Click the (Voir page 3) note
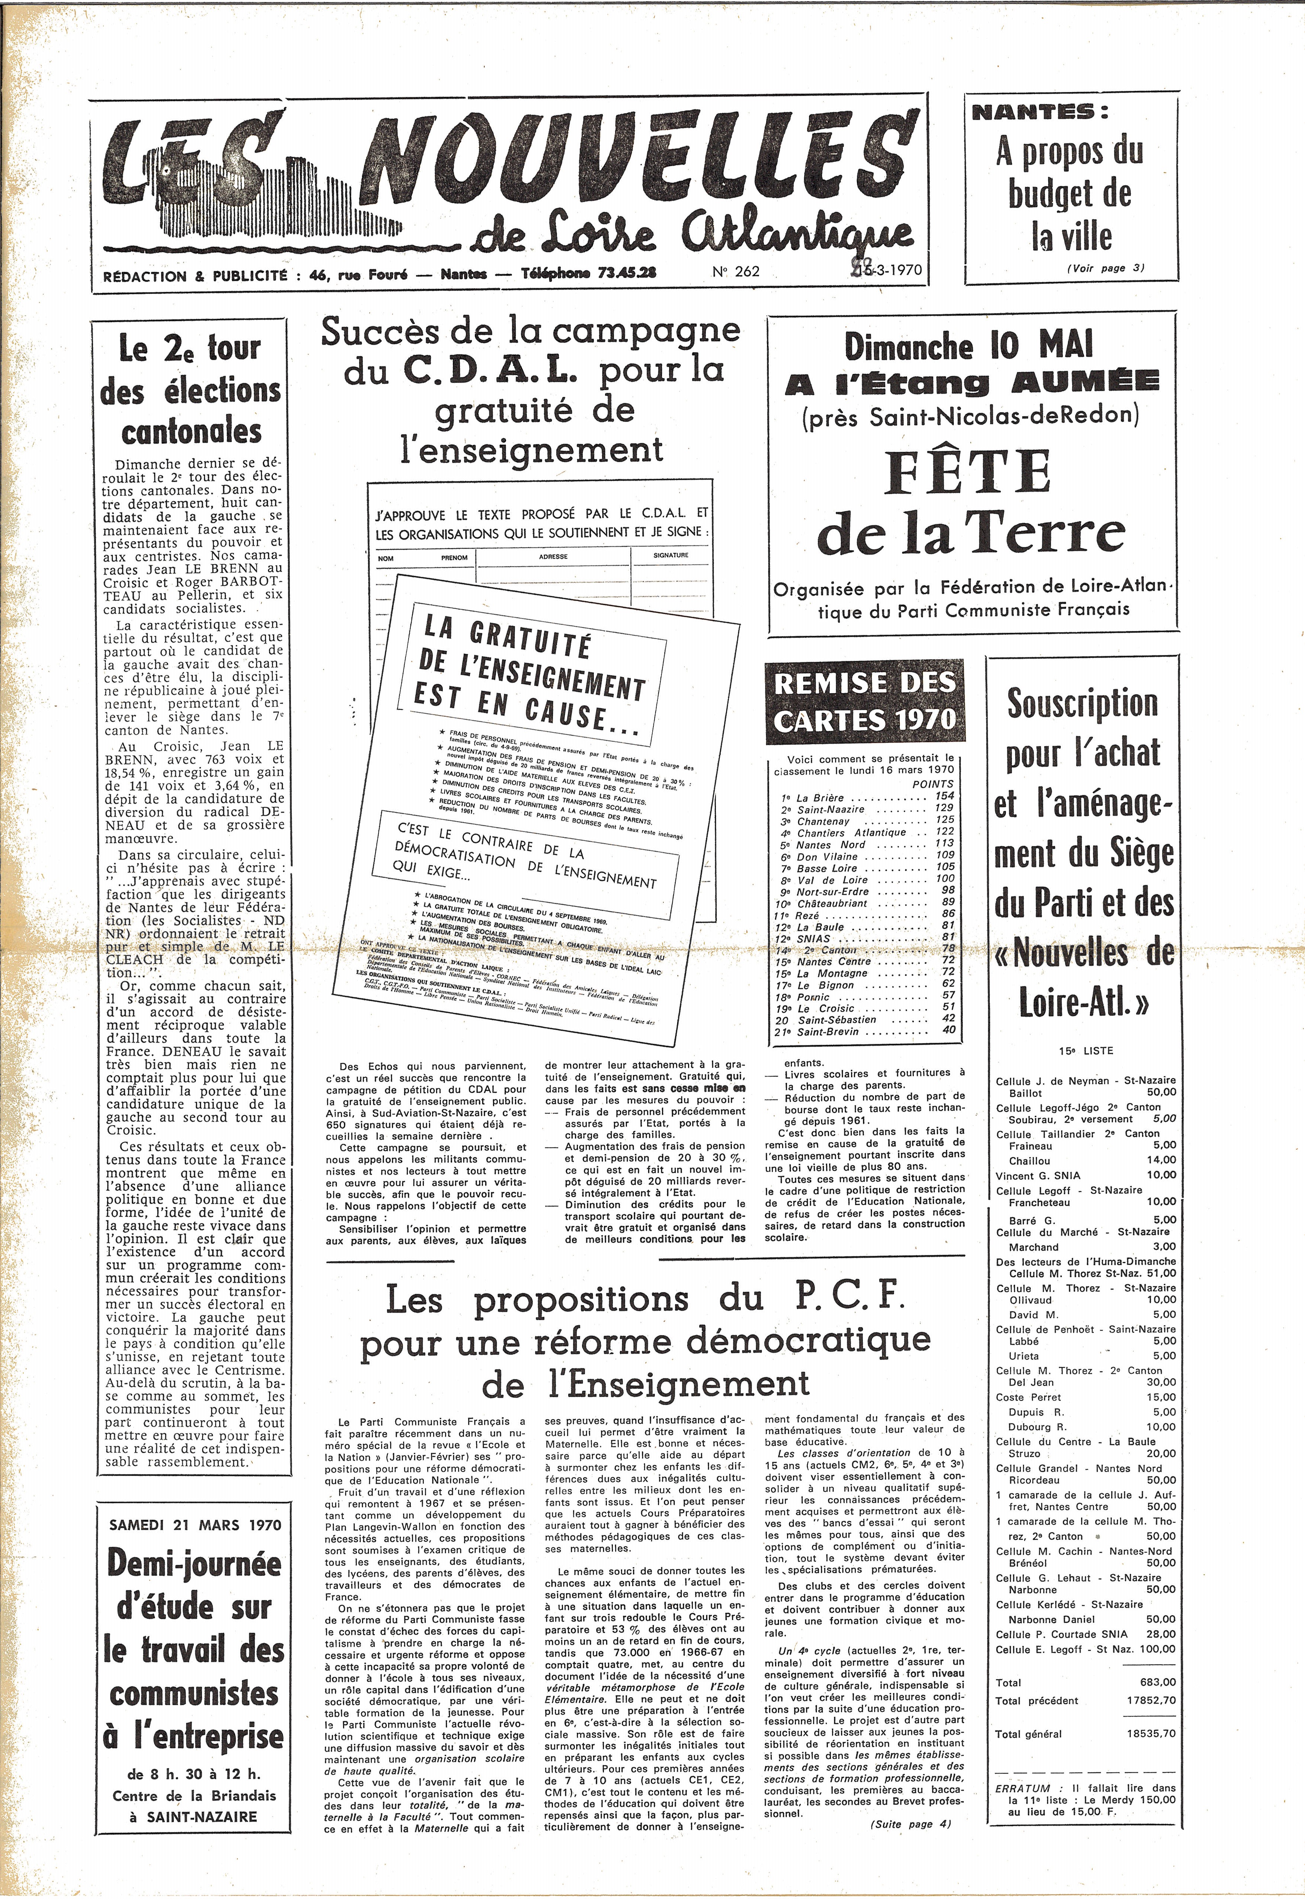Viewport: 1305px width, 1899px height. pos(1106,268)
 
